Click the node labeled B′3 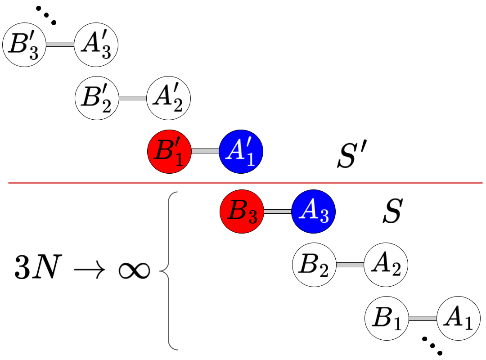(24, 45)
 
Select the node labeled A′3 (96, 45)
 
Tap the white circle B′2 (97, 98)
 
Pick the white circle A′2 (169, 98)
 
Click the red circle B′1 (169, 152)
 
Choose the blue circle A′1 (241, 152)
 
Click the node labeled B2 (314, 265)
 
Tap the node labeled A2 (386, 265)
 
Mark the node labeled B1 (387, 318)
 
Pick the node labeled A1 (459, 318)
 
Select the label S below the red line (391, 213)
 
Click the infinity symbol (134, 272)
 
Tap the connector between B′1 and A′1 (205, 152)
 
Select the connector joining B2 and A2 (350, 265)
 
